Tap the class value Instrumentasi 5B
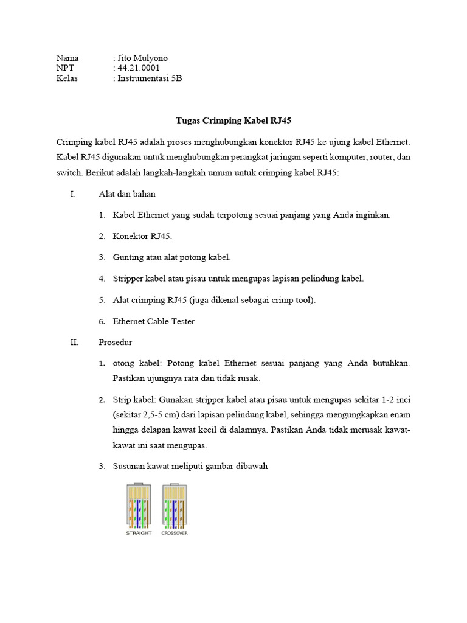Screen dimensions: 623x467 click(150, 78)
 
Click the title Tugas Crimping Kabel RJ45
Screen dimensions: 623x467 click(233, 120)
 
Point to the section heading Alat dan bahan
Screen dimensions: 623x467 click(127, 194)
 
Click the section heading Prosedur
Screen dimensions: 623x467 click(116, 342)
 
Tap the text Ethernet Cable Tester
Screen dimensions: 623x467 click(154, 321)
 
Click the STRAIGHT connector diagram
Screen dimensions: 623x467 click(139, 505)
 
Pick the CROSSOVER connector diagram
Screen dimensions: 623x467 click(175, 505)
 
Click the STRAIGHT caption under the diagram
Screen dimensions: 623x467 click(139, 534)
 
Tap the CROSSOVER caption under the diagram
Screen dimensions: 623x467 click(175, 534)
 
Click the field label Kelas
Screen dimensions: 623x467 click(67, 78)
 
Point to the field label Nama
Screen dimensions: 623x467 click(67, 58)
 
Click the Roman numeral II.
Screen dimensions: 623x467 click(74, 342)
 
